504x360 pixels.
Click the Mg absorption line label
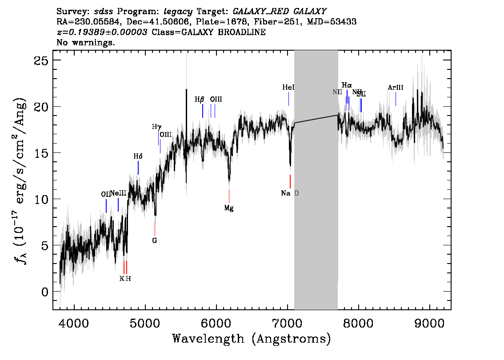229,208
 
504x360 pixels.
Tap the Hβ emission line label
199,100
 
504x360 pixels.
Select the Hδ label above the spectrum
138,156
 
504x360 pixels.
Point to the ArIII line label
395,88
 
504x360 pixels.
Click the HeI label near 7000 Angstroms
288,88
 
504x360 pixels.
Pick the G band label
155,240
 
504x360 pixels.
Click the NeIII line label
118,193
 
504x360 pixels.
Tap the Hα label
347,85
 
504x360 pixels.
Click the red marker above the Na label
290,181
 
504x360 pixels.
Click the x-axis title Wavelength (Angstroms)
252,339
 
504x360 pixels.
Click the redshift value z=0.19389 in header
102,32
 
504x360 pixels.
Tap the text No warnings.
86,43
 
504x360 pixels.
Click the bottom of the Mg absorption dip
229,180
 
